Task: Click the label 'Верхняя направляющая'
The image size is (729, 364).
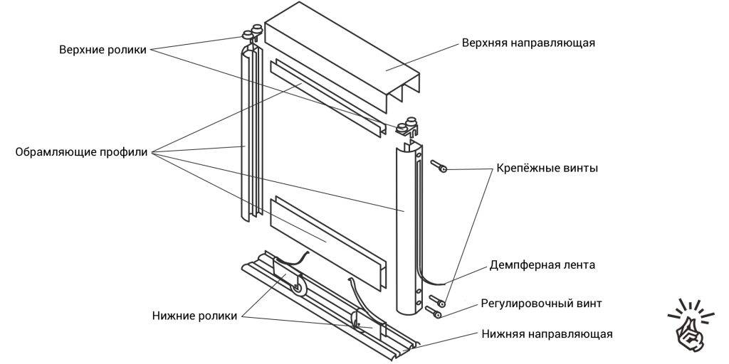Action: click(528, 43)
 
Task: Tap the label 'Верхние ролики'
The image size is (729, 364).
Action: click(103, 50)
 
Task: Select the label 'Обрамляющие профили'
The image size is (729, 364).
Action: click(81, 152)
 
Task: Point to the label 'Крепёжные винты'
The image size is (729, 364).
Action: click(547, 169)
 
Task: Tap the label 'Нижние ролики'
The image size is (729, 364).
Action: click(194, 316)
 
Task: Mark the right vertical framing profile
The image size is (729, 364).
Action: click(405, 227)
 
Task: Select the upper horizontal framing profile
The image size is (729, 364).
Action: click(327, 99)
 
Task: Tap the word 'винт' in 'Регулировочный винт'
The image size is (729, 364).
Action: click(587, 304)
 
